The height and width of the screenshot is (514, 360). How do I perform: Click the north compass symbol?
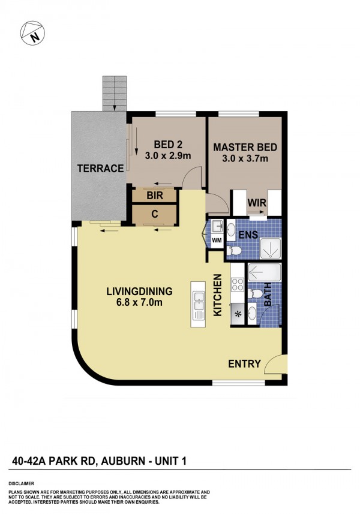[32, 33]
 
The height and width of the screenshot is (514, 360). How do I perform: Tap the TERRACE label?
[100, 169]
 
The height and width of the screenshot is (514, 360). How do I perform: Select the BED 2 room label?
[168, 144]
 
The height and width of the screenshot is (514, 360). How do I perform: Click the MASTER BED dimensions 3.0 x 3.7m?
[245, 159]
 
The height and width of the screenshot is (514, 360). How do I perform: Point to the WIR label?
[257, 203]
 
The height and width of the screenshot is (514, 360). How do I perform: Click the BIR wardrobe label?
[155, 196]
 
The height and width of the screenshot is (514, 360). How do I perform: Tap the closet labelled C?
[155, 214]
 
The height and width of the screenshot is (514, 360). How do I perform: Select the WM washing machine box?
[217, 241]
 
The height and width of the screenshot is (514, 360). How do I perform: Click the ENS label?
[248, 235]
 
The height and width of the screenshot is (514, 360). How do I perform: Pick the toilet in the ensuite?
[234, 251]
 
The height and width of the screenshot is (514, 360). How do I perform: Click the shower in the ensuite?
[270, 248]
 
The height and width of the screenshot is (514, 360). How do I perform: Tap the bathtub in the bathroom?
[265, 272]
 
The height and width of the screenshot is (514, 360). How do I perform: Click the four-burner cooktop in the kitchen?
[238, 284]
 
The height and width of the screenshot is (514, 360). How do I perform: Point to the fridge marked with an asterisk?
[238, 314]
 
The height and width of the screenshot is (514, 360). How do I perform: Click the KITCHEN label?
[218, 295]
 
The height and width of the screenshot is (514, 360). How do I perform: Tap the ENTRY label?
[245, 363]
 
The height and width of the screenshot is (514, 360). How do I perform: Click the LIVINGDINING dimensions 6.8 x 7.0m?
[139, 302]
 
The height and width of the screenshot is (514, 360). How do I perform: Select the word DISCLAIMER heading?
[22, 483]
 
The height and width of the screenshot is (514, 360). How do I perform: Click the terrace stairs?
[115, 94]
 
